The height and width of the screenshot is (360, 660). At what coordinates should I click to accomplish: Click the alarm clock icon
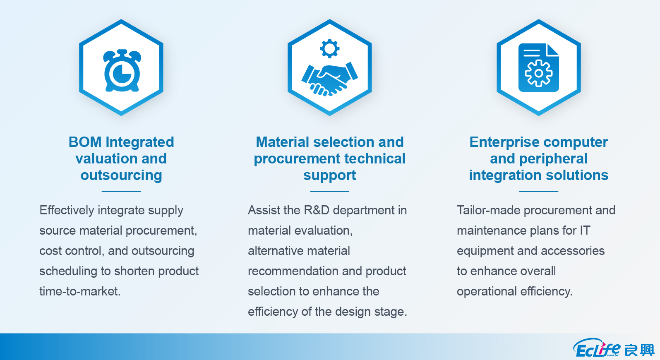click(122, 70)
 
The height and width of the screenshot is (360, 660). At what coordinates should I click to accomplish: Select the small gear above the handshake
click(329, 48)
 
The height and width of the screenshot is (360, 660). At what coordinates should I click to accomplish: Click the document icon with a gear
click(539, 67)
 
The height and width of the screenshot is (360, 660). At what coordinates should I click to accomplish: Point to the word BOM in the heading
click(85, 142)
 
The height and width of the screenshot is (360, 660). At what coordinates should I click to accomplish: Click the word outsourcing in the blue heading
click(121, 175)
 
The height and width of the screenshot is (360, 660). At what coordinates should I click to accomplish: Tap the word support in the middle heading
click(329, 176)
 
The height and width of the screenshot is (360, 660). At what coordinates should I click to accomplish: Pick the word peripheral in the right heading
click(553, 159)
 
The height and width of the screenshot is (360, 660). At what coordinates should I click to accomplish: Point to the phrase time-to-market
click(80, 291)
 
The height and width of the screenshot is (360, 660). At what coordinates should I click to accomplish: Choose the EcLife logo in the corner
click(613, 348)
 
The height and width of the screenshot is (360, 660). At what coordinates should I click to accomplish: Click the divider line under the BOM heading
click(121, 191)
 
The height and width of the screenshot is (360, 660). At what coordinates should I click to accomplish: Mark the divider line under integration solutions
click(539, 191)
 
